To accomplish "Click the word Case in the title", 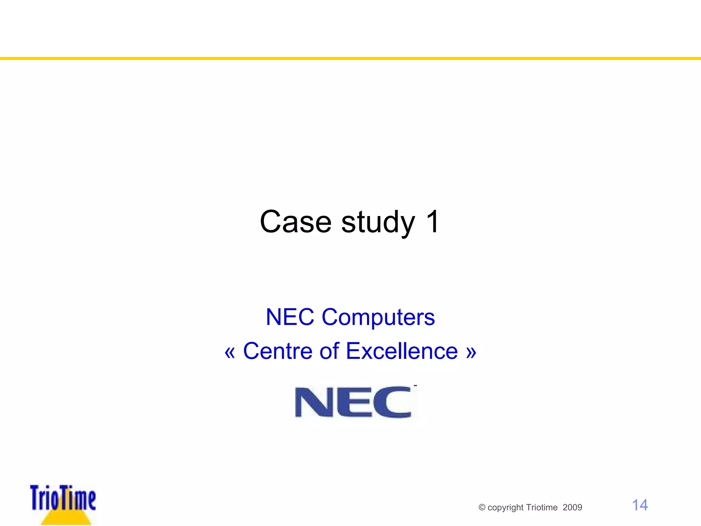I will tap(295, 222).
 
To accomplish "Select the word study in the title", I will tap(378, 223).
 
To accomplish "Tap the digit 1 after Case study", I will tap(432, 222).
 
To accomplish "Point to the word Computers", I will tap(378, 317).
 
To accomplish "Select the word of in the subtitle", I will tap(329, 351).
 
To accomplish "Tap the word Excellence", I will tap(402, 351).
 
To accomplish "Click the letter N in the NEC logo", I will tap(314, 402).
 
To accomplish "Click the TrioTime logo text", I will tap(63, 498).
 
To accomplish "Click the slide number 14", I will tap(639, 505).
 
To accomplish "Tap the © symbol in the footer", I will tap(482, 508).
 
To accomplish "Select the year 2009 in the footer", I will tap(572, 508).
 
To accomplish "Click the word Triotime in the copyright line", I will tap(542, 508).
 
